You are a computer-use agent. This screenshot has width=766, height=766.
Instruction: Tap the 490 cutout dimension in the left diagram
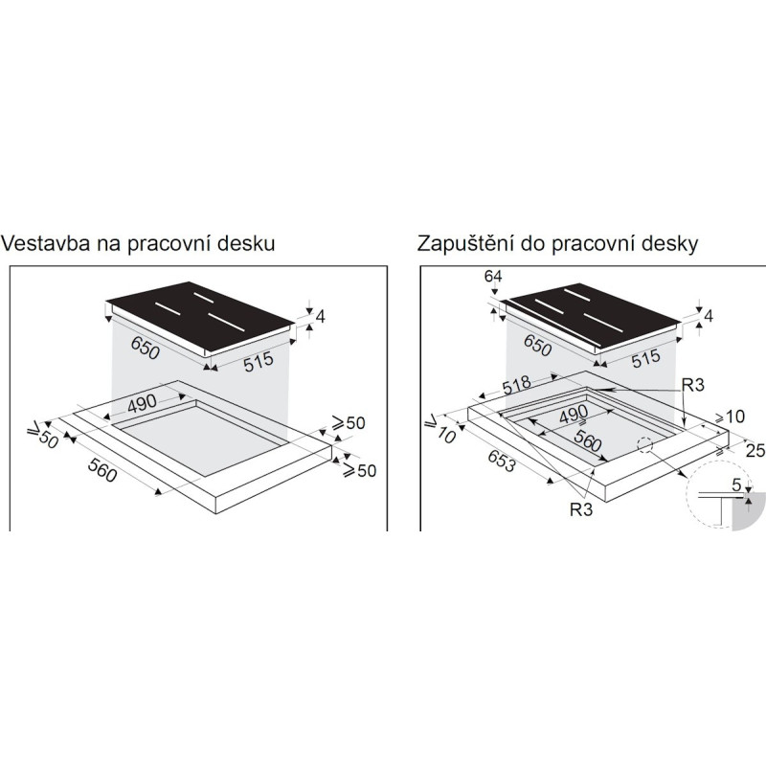coord(142,404)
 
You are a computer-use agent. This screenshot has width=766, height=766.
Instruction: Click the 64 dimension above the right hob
coord(494,278)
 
